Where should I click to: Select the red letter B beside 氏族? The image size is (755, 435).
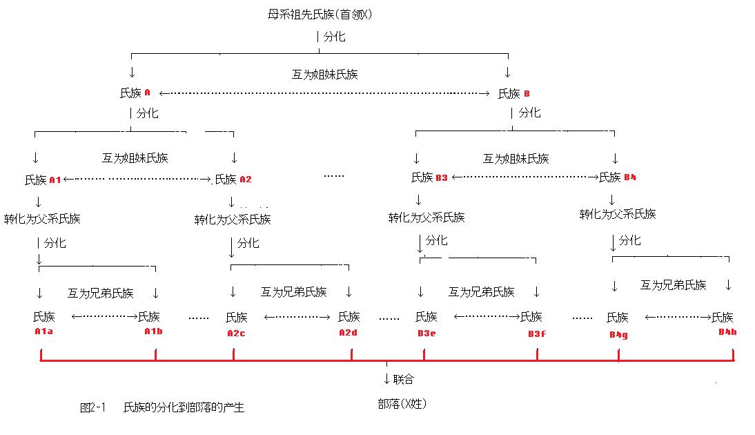coord(527,94)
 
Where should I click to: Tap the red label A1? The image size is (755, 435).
coord(55,180)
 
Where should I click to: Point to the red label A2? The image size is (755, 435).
coord(246,180)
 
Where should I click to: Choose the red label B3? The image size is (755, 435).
coord(442,178)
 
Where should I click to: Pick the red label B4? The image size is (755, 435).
coord(629,178)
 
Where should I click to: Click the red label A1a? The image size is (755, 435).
coord(43,331)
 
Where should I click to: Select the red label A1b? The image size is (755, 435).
coord(153,331)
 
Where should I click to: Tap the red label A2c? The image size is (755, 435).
coord(236,333)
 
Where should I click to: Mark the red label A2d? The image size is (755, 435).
coord(348,333)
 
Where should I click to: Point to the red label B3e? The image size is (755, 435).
coord(426,333)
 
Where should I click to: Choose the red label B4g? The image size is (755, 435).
coord(618,334)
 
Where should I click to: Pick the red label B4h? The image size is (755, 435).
coord(727,331)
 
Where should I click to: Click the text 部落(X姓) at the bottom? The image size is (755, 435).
coord(402,405)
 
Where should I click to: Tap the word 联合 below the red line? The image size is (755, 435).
coord(404,379)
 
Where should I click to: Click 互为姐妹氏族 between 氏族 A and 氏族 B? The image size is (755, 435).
coord(325,75)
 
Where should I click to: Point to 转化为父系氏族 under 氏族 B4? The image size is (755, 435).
coord(618,215)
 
